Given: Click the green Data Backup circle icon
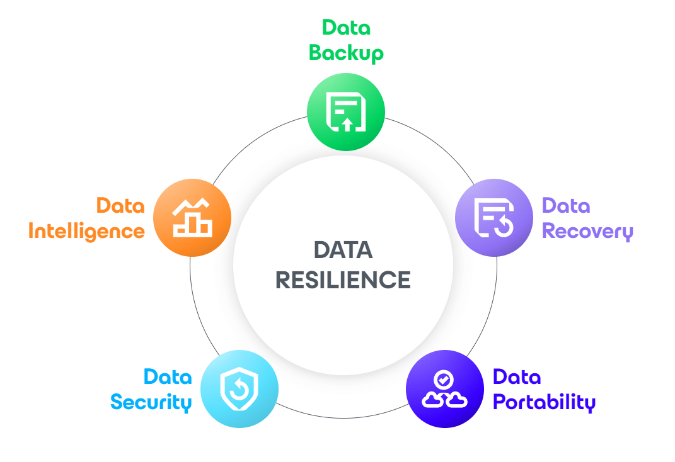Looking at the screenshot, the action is [x=345, y=112].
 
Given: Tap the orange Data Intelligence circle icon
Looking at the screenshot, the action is [x=192, y=217].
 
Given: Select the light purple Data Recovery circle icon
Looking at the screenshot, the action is [x=494, y=217].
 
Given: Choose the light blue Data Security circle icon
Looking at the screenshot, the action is [x=239, y=389].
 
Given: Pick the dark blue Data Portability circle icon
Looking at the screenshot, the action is [x=445, y=389].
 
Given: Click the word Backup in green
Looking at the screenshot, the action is [x=346, y=54].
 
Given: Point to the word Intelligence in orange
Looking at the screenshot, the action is [x=86, y=231].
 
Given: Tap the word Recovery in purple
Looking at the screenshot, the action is [x=587, y=231].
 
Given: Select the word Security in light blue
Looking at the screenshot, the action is [x=151, y=402].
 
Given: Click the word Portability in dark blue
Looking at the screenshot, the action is [x=544, y=402].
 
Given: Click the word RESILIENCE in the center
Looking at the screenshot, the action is [x=343, y=280].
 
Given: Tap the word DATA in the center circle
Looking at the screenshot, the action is [x=343, y=250].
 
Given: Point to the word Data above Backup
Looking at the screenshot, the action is [x=346, y=28].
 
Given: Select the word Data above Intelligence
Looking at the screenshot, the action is [x=120, y=206].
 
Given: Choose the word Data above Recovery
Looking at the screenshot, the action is [x=566, y=206].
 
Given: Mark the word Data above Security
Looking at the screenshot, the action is [x=168, y=377].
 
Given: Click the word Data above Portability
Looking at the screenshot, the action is [x=517, y=377].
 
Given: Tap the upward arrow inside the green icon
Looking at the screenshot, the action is [x=347, y=125].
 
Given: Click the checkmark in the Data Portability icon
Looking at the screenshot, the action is [x=444, y=380].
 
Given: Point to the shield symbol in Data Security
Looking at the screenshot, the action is [x=239, y=389].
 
